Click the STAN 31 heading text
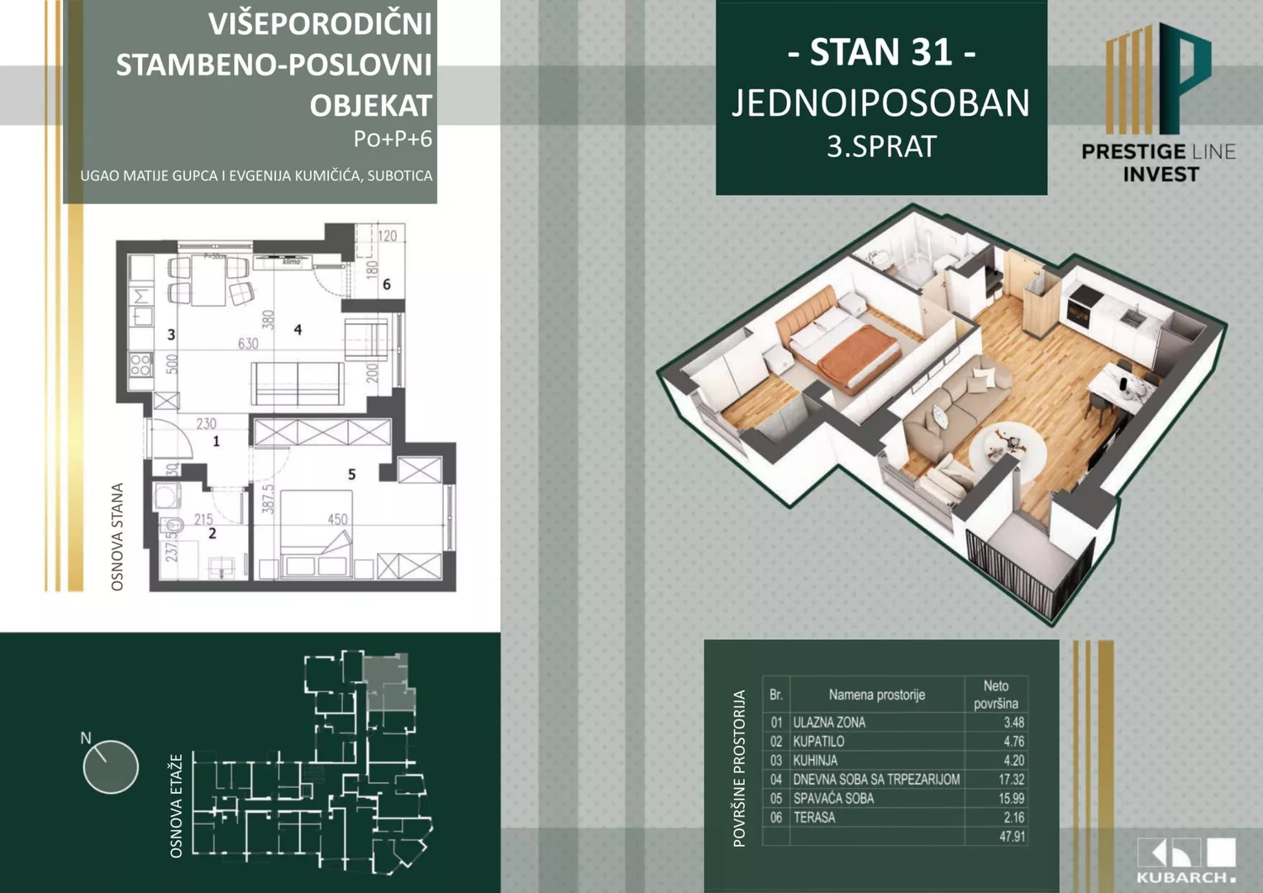(881, 53)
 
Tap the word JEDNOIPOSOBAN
(881, 103)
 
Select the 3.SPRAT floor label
(881, 147)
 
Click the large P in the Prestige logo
(1185, 79)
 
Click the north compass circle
(111, 766)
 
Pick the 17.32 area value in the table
(1011, 779)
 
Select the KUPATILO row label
(818, 742)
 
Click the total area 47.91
(1012, 836)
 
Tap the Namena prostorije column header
(876, 695)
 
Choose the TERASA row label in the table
(814, 818)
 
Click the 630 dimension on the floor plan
(248, 343)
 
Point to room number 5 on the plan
(352, 475)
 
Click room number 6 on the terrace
(386, 284)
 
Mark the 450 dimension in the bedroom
(337, 519)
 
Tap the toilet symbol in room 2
(173, 526)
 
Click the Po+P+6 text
(393, 139)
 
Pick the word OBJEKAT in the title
(371, 106)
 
